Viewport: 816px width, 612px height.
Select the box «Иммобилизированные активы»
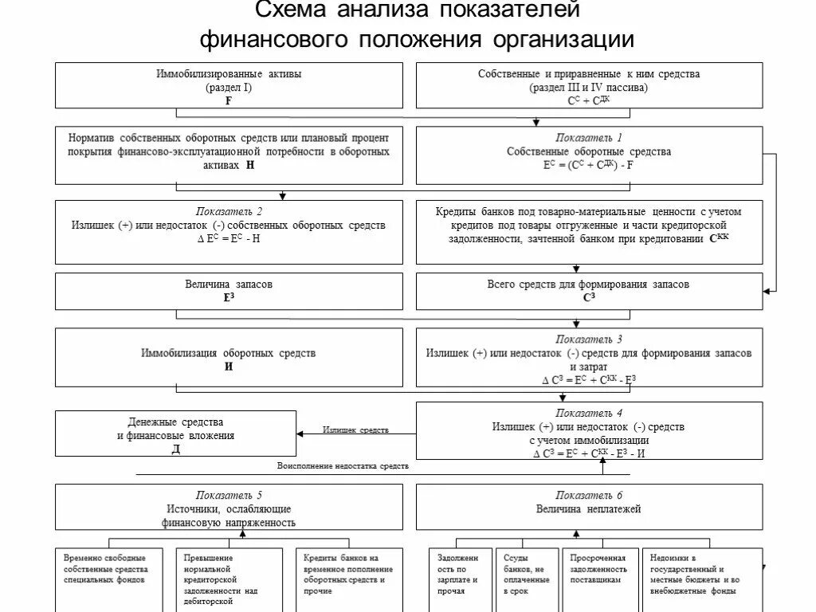(x=229, y=85)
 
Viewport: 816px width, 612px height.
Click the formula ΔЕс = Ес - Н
(x=229, y=239)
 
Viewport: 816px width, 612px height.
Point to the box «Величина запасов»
(x=229, y=291)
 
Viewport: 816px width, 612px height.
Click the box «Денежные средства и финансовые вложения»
(x=175, y=433)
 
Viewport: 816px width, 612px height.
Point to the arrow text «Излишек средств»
(x=355, y=430)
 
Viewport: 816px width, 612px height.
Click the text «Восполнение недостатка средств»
(x=343, y=465)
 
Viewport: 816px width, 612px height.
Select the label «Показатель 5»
(x=229, y=495)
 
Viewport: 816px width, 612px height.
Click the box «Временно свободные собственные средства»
(x=109, y=577)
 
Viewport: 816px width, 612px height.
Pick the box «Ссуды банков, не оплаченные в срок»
(x=527, y=577)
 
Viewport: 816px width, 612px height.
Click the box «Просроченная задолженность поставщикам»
(x=598, y=577)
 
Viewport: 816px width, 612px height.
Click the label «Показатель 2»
(x=229, y=212)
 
